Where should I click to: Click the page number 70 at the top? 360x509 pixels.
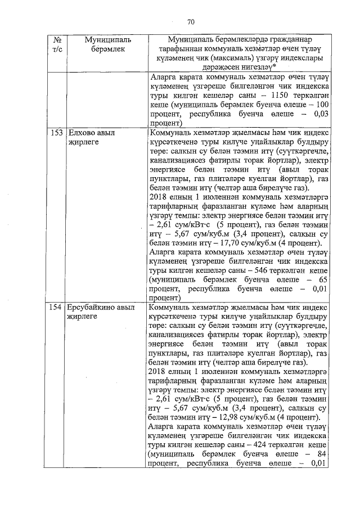click(190, 22)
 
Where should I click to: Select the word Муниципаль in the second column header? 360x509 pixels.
click(107, 40)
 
